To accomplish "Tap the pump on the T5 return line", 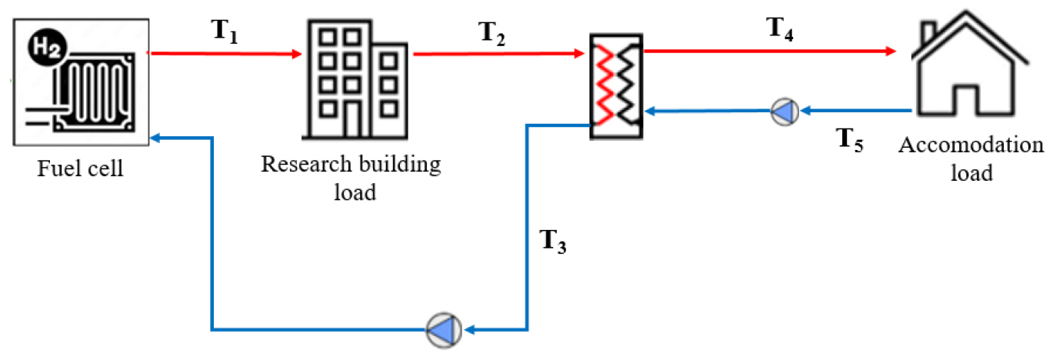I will [x=785, y=112].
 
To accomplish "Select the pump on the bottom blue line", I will [x=444, y=330].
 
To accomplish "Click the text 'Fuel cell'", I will [x=81, y=168].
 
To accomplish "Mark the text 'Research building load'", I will [x=351, y=178].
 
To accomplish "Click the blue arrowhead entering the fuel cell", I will [x=156, y=138].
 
